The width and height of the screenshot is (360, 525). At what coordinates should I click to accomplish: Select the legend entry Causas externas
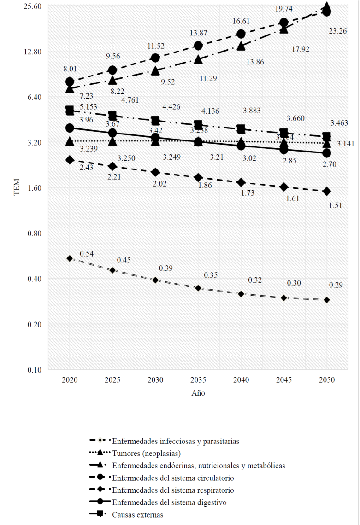point(137,515)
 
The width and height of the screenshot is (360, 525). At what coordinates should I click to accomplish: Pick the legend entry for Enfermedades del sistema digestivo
point(169,502)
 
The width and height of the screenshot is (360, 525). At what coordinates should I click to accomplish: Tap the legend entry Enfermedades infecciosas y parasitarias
point(176,441)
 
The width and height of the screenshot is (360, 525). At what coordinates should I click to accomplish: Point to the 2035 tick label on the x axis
point(198,380)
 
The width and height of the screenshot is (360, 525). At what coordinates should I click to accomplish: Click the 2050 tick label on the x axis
point(326,380)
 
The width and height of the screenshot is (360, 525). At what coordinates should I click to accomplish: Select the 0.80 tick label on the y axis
point(33,233)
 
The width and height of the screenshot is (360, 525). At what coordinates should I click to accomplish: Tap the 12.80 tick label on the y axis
point(31,52)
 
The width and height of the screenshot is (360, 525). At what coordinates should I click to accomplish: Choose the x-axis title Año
point(198,393)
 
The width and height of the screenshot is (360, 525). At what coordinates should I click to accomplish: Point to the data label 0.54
point(87,254)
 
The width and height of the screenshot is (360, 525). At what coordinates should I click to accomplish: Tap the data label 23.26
point(338,31)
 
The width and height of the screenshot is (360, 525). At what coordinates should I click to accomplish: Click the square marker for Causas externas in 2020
point(70,111)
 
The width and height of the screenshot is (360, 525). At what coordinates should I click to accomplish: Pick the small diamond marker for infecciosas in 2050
point(326,300)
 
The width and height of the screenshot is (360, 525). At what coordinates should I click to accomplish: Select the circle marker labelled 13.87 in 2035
point(198,45)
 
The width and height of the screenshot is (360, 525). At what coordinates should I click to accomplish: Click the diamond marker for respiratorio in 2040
point(241,182)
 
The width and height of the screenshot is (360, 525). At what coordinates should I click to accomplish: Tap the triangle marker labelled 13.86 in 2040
point(241,46)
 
